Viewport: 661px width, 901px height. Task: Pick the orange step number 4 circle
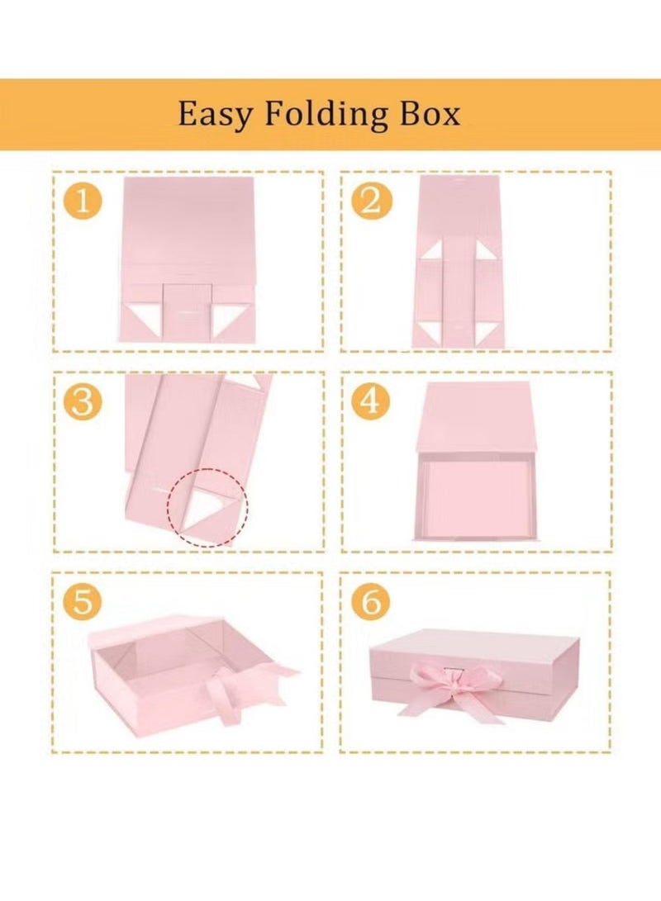pos(371,402)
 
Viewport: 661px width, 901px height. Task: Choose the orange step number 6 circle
pos(371,601)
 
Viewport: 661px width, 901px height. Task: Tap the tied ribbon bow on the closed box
pos(447,685)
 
